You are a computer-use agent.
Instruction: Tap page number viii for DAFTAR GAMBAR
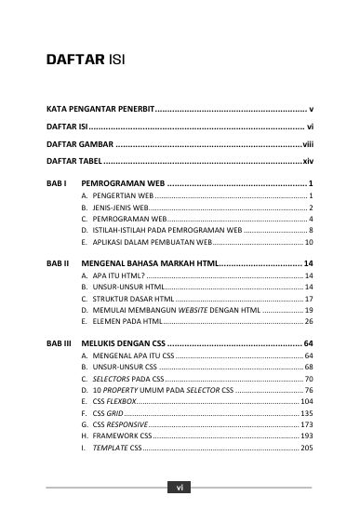coord(306,144)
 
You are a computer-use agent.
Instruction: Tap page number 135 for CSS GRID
coord(306,413)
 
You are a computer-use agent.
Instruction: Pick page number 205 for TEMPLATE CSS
coord(306,448)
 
